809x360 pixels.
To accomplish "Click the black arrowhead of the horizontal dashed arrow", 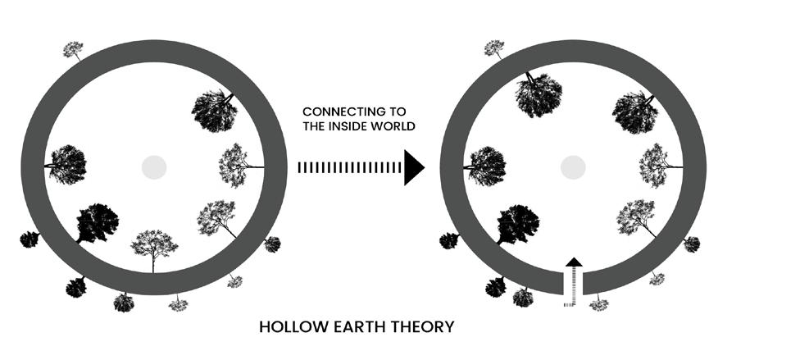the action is click(414, 168).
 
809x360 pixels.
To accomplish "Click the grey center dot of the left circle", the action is click(153, 167).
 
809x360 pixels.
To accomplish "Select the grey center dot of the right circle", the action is click(573, 167).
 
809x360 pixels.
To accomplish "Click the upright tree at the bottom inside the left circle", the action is click(154, 246).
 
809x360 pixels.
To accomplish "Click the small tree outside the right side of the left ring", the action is click(272, 244).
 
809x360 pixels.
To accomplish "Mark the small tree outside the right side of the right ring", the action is click(692, 244).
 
